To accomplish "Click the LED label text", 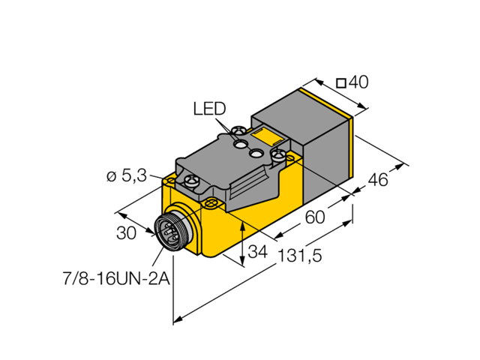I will [x=208, y=109].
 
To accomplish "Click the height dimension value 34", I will [x=258, y=250].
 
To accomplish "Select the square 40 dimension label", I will [x=352, y=83].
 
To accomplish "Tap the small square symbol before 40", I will [x=340, y=83].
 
